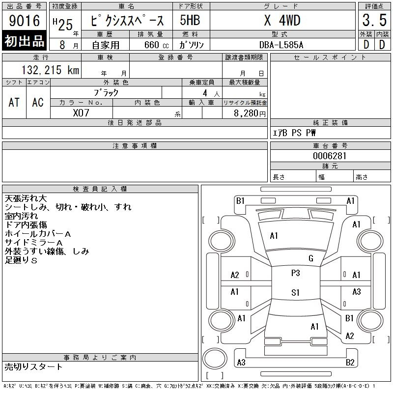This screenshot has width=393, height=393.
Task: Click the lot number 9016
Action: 24,20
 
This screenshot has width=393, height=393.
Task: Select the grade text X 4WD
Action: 282,21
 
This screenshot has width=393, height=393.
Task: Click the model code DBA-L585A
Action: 281,45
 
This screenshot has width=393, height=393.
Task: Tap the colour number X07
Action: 81,112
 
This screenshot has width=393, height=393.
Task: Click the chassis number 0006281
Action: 330,156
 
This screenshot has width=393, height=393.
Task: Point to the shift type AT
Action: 14,102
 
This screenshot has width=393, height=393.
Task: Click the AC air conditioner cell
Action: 38,102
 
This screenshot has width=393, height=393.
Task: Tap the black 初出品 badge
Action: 25,41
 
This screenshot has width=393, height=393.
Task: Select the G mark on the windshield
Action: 310,258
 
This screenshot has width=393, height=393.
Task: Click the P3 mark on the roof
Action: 295,274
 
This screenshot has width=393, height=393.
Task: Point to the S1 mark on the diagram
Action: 295,293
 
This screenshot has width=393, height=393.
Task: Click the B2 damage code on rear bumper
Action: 350,363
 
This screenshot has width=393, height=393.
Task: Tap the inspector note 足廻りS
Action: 21,260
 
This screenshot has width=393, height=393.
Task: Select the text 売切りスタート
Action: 34,366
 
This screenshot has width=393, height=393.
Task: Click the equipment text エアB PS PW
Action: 294,133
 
